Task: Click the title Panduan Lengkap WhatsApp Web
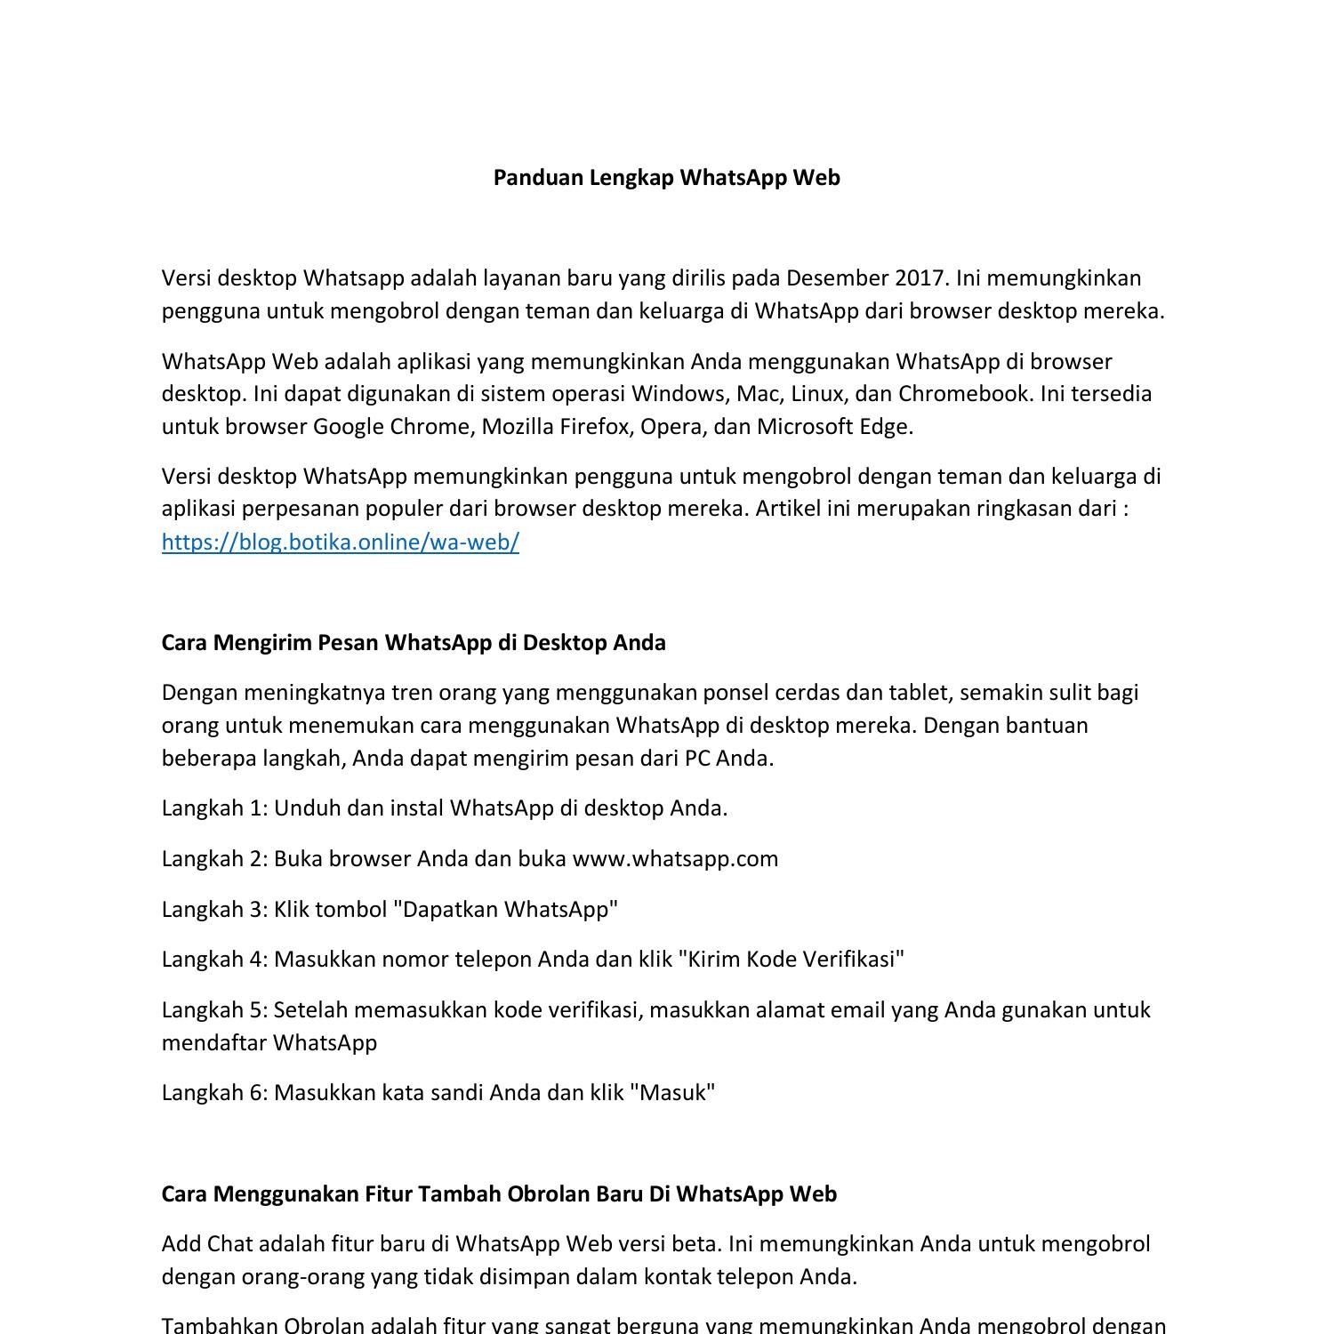(666, 178)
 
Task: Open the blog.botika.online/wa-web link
(340, 542)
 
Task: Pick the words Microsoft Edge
(834, 427)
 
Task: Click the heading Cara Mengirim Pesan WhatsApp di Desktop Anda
(414, 643)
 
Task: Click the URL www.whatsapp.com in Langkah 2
(675, 859)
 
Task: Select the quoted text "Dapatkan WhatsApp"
(505, 910)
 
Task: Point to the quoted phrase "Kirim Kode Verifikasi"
(791, 960)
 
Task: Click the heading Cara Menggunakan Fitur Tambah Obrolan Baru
(499, 1194)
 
